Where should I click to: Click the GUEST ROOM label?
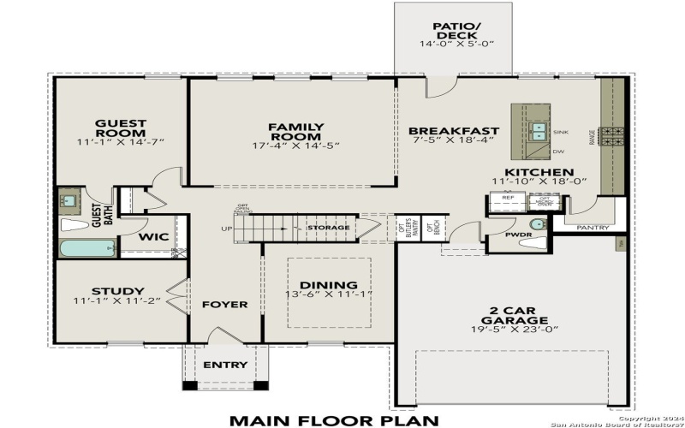(x=120, y=128)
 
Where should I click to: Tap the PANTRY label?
(x=593, y=229)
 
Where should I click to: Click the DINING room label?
(x=329, y=285)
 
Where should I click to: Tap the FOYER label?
(x=225, y=304)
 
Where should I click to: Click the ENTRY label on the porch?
(x=225, y=365)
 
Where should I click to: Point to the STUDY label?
(x=120, y=291)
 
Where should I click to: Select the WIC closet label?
(x=153, y=236)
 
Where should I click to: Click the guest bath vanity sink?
(x=71, y=201)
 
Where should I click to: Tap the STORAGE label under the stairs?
(x=329, y=228)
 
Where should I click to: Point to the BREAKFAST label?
(x=453, y=131)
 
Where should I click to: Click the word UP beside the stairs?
(x=226, y=229)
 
